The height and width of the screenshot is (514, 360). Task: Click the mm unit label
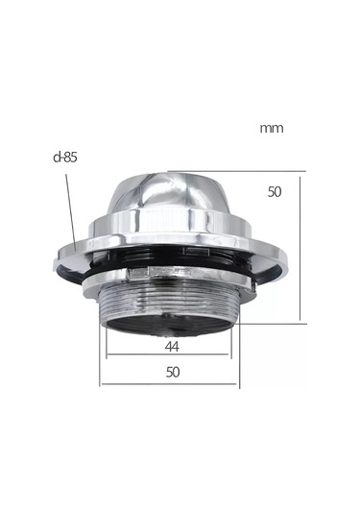[x=272, y=128]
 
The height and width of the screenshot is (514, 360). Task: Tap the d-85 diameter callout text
[x=65, y=158]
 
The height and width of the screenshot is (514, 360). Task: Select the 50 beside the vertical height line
[x=275, y=192]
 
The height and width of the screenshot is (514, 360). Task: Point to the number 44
[x=172, y=347]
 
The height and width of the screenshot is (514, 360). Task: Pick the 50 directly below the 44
[x=173, y=372]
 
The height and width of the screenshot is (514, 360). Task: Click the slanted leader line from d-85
[x=70, y=212]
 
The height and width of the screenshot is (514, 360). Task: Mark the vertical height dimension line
[x=300, y=249]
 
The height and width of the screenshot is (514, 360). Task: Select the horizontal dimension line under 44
[x=167, y=354]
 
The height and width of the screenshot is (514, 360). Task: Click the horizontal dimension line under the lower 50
[x=169, y=383]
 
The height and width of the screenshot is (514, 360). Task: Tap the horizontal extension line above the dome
[x=236, y=171]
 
